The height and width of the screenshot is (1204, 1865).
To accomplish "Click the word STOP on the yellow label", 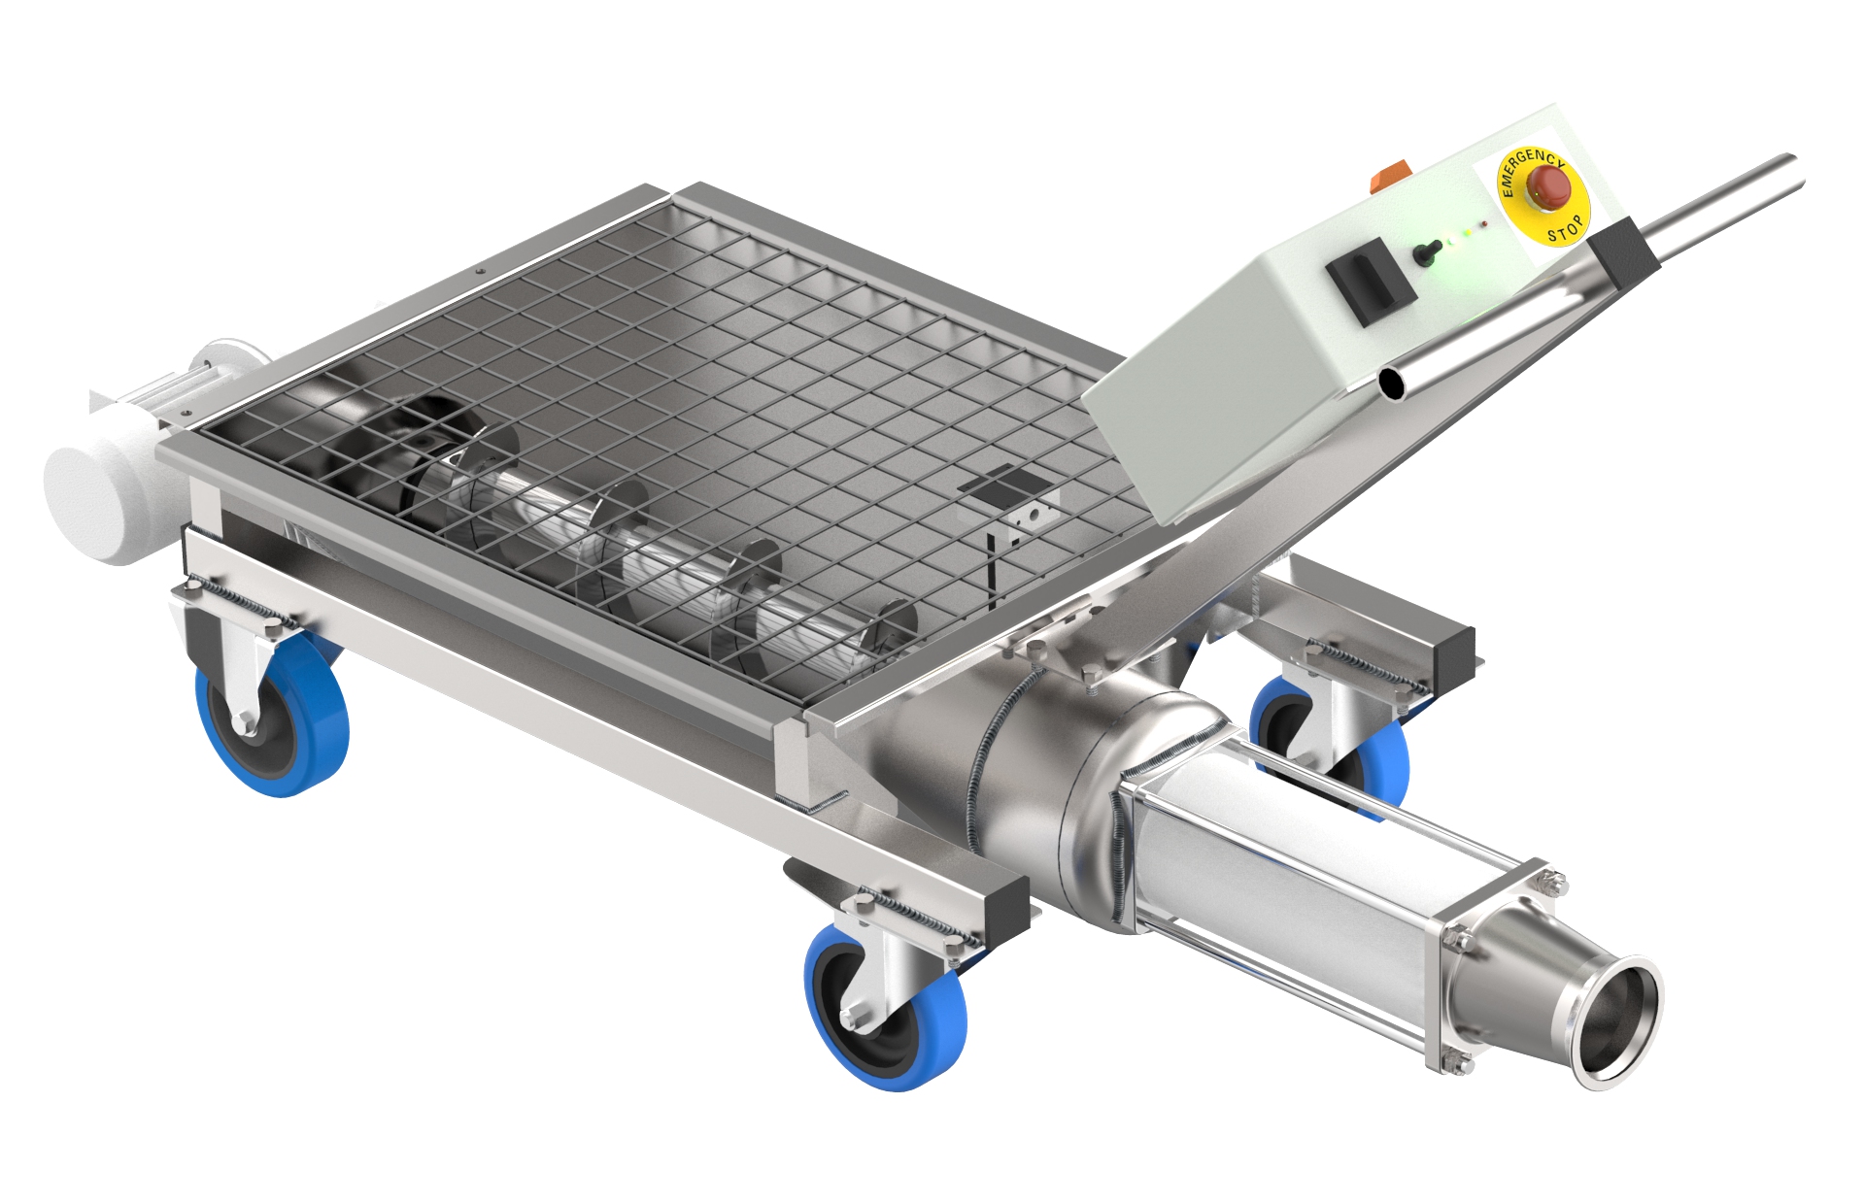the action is (1566, 228).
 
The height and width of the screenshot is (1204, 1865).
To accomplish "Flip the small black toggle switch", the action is (1423, 253).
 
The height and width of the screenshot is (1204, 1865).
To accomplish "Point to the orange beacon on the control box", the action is (1383, 181).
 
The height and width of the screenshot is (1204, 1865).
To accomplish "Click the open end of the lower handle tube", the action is (1396, 385).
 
